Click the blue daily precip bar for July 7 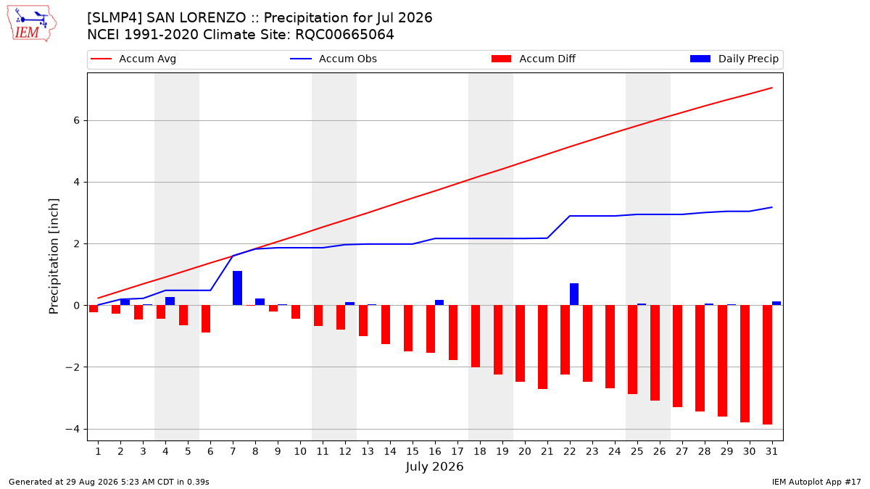pyautogui.click(x=237, y=288)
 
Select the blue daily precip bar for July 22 pyautogui.click(x=574, y=294)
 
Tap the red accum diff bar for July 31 pyautogui.click(x=767, y=365)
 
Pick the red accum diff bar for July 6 pyautogui.click(x=206, y=319)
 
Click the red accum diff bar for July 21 pyautogui.click(x=542, y=347)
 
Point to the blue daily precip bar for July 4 pyautogui.click(x=170, y=301)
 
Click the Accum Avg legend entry pyautogui.click(x=133, y=59)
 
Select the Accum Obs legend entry pyautogui.click(x=333, y=59)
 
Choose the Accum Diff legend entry pyautogui.click(x=534, y=59)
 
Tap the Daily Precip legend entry pyautogui.click(x=734, y=59)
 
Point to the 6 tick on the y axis pyautogui.click(x=76, y=121)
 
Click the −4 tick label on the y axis pyautogui.click(x=72, y=429)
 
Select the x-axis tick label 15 pyautogui.click(x=413, y=451)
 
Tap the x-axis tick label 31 pyautogui.click(x=771, y=451)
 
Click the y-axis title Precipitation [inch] pyautogui.click(x=54, y=256)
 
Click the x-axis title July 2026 pyautogui.click(x=434, y=467)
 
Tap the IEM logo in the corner pyautogui.click(x=31, y=24)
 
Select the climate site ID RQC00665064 pyautogui.click(x=344, y=35)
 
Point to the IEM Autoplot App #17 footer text pyautogui.click(x=816, y=482)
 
